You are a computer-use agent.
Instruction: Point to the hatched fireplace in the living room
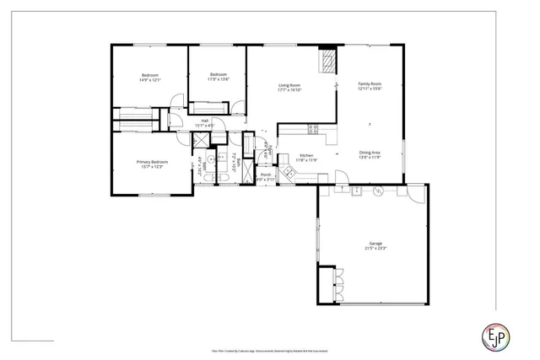coord(326,60)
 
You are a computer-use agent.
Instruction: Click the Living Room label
coord(290,84)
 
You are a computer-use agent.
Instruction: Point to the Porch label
coord(266,175)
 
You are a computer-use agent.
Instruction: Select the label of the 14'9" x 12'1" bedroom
coord(150,77)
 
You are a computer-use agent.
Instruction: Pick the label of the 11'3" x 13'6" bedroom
coord(218,74)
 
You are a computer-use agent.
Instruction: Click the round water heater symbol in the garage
coord(377,191)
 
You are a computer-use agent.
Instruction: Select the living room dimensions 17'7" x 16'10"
coord(290,89)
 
